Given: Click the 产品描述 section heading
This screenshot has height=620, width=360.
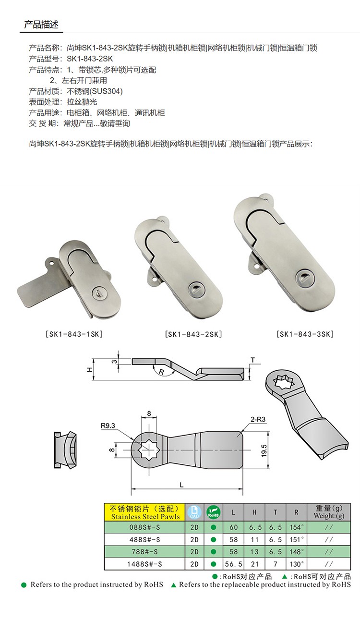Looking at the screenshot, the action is (41, 24).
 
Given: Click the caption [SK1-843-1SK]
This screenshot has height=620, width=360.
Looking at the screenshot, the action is (74, 334).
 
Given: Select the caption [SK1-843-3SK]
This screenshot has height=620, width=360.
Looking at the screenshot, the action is (305, 334).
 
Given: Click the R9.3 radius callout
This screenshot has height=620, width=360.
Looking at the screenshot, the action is (108, 425).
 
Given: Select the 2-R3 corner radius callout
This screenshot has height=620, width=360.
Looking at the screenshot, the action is (258, 419).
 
